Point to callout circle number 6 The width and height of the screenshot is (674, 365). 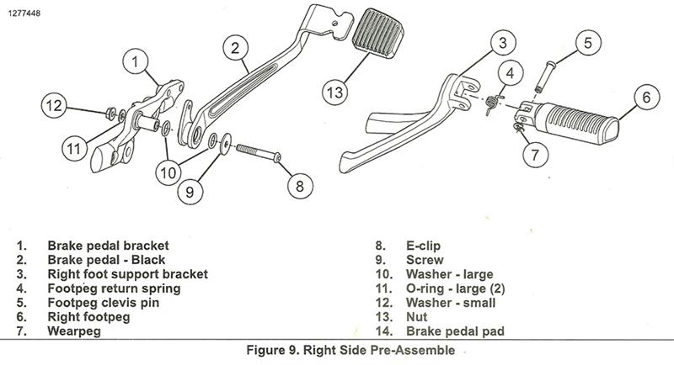point(645,98)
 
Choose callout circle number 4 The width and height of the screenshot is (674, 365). point(510,73)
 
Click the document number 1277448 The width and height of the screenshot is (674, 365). point(27,9)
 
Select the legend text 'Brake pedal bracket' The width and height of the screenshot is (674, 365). point(108,246)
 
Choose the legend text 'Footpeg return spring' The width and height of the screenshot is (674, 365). point(115,288)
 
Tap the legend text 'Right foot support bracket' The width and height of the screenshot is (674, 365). point(127,274)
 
